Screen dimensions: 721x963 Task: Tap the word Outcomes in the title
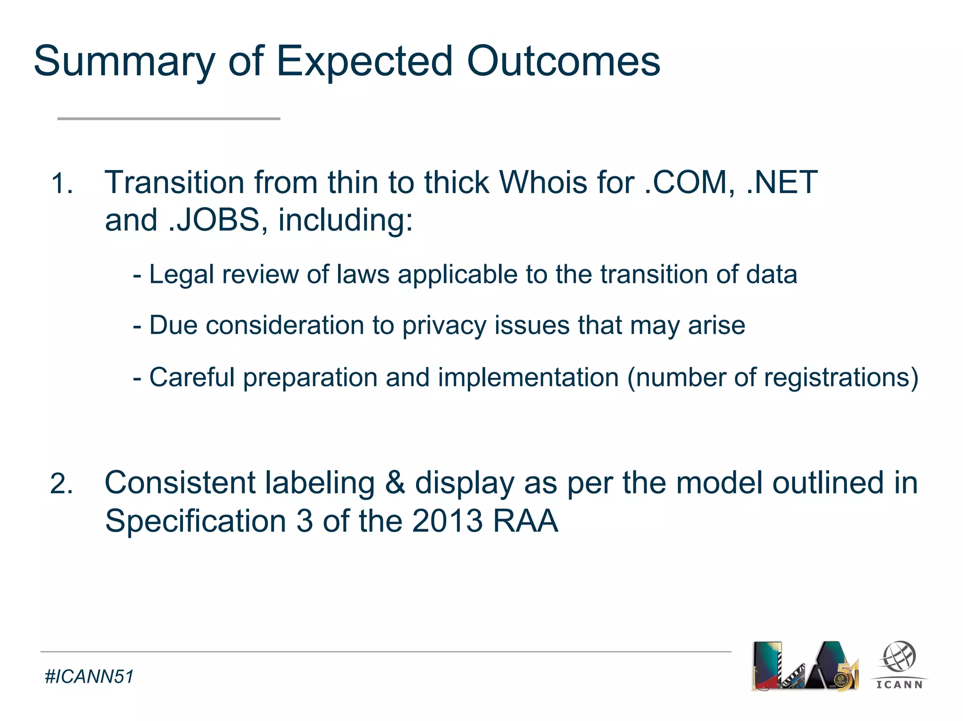pyautogui.click(x=563, y=61)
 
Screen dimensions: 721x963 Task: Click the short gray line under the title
pyautogui.click(x=169, y=119)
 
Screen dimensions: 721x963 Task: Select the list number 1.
pyautogui.click(x=62, y=183)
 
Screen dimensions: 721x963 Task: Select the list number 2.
pyautogui.click(x=62, y=484)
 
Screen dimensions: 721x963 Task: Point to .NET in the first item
pyautogui.click(x=782, y=182)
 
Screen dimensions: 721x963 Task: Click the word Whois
pyautogui.click(x=543, y=182)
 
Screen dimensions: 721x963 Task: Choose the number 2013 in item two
pyautogui.click(x=447, y=521)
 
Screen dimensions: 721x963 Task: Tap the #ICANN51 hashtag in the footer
pyautogui.click(x=89, y=677)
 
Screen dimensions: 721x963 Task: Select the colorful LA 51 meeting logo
pyautogui.click(x=805, y=666)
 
